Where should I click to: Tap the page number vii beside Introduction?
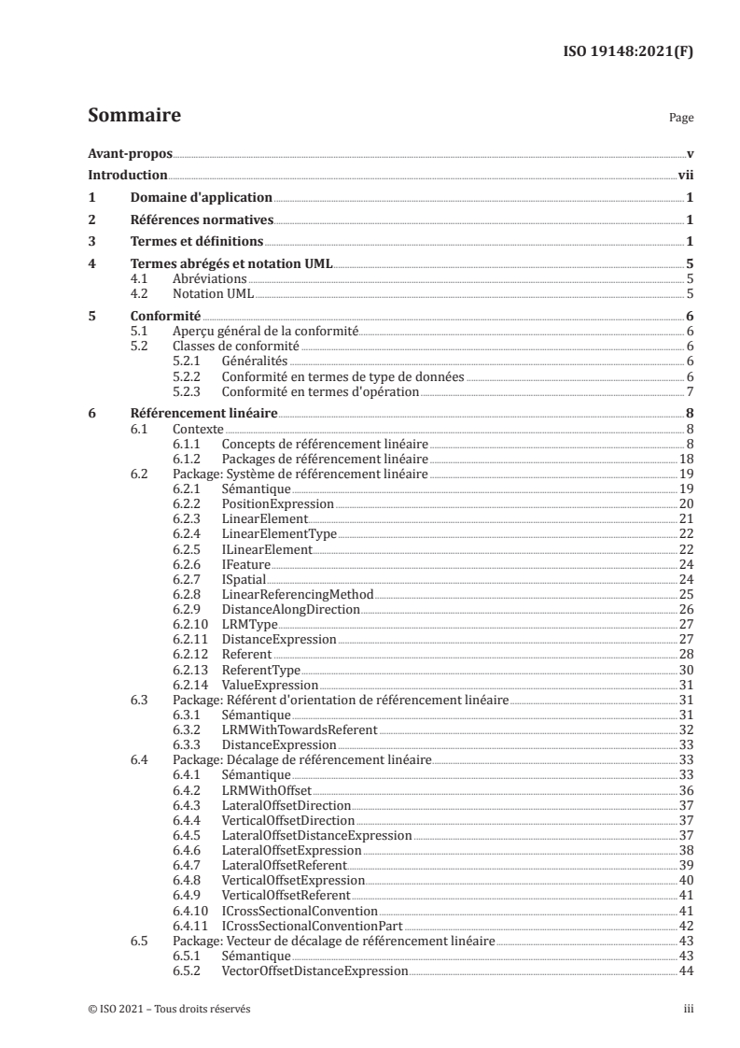(x=685, y=175)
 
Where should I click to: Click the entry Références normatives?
(x=200, y=220)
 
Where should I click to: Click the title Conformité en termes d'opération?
(x=320, y=390)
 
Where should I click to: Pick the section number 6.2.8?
(x=188, y=594)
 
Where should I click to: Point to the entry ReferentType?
(x=261, y=669)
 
